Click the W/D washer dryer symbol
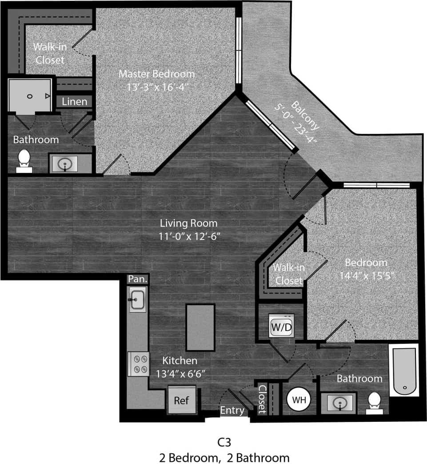(281, 327)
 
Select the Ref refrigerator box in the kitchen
(181, 401)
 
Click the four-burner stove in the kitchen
(138, 364)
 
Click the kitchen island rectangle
(200, 327)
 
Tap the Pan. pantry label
(137, 279)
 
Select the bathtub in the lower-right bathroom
(404, 371)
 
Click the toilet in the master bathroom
(24, 161)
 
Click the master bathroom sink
(65, 164)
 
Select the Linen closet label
(74, 102)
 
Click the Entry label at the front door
(232, 410)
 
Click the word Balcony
(305, 115)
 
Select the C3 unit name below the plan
(224, 442)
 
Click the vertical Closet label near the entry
(262, 399)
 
